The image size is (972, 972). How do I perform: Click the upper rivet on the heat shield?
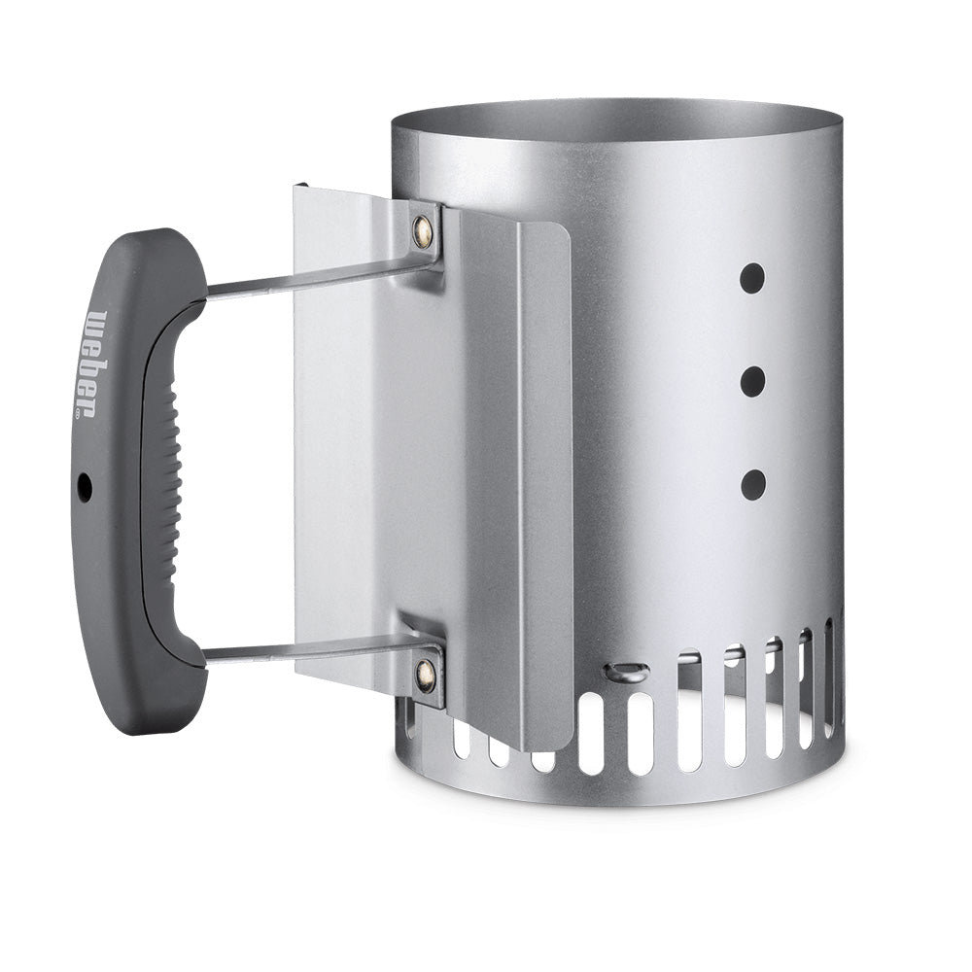423,230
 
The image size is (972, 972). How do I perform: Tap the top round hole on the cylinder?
751,278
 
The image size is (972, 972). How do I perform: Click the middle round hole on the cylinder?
751,382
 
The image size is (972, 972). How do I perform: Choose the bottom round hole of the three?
752,484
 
